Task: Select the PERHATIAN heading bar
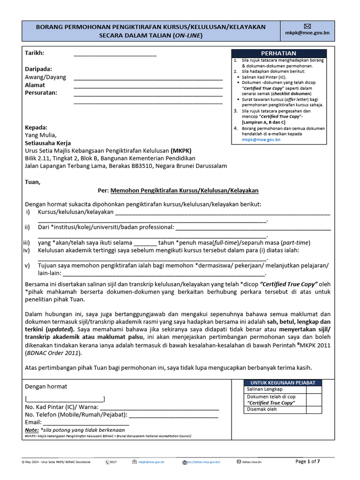click(278, 53)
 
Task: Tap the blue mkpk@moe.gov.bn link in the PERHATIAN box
click(261, 140)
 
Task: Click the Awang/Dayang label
click(45, 77)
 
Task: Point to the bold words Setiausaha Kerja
click(48, 143)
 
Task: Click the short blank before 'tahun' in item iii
click(145, 243)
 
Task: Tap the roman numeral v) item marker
click(27, 265)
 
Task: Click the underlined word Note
click(31, 429)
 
